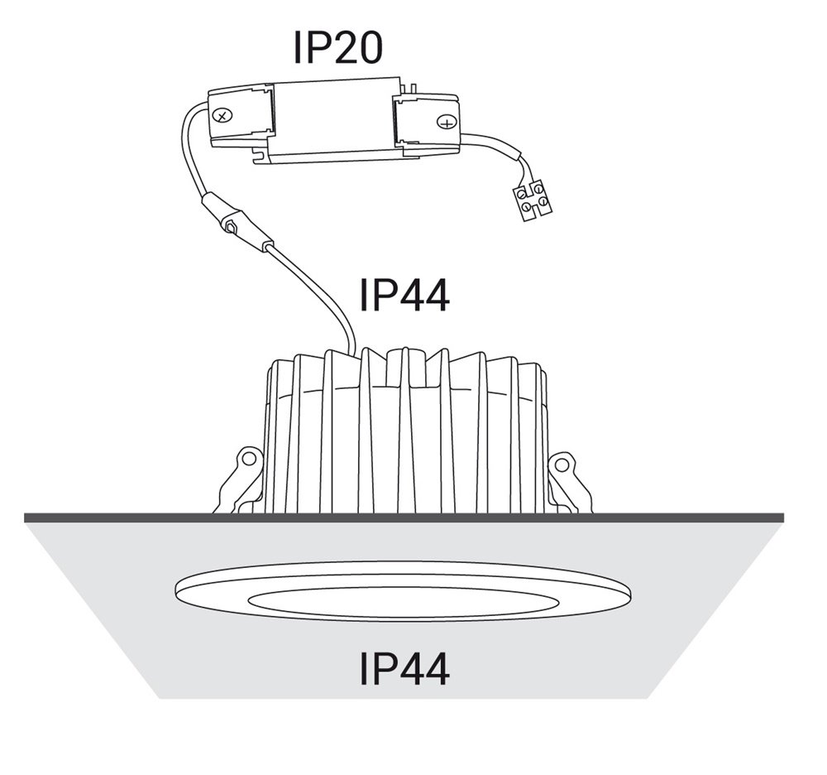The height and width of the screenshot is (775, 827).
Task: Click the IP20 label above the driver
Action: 337,47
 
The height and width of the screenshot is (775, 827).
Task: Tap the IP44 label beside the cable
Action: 404,295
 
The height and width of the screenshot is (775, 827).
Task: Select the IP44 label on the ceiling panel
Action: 404,668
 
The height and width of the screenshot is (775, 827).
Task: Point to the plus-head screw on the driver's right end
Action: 447,123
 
